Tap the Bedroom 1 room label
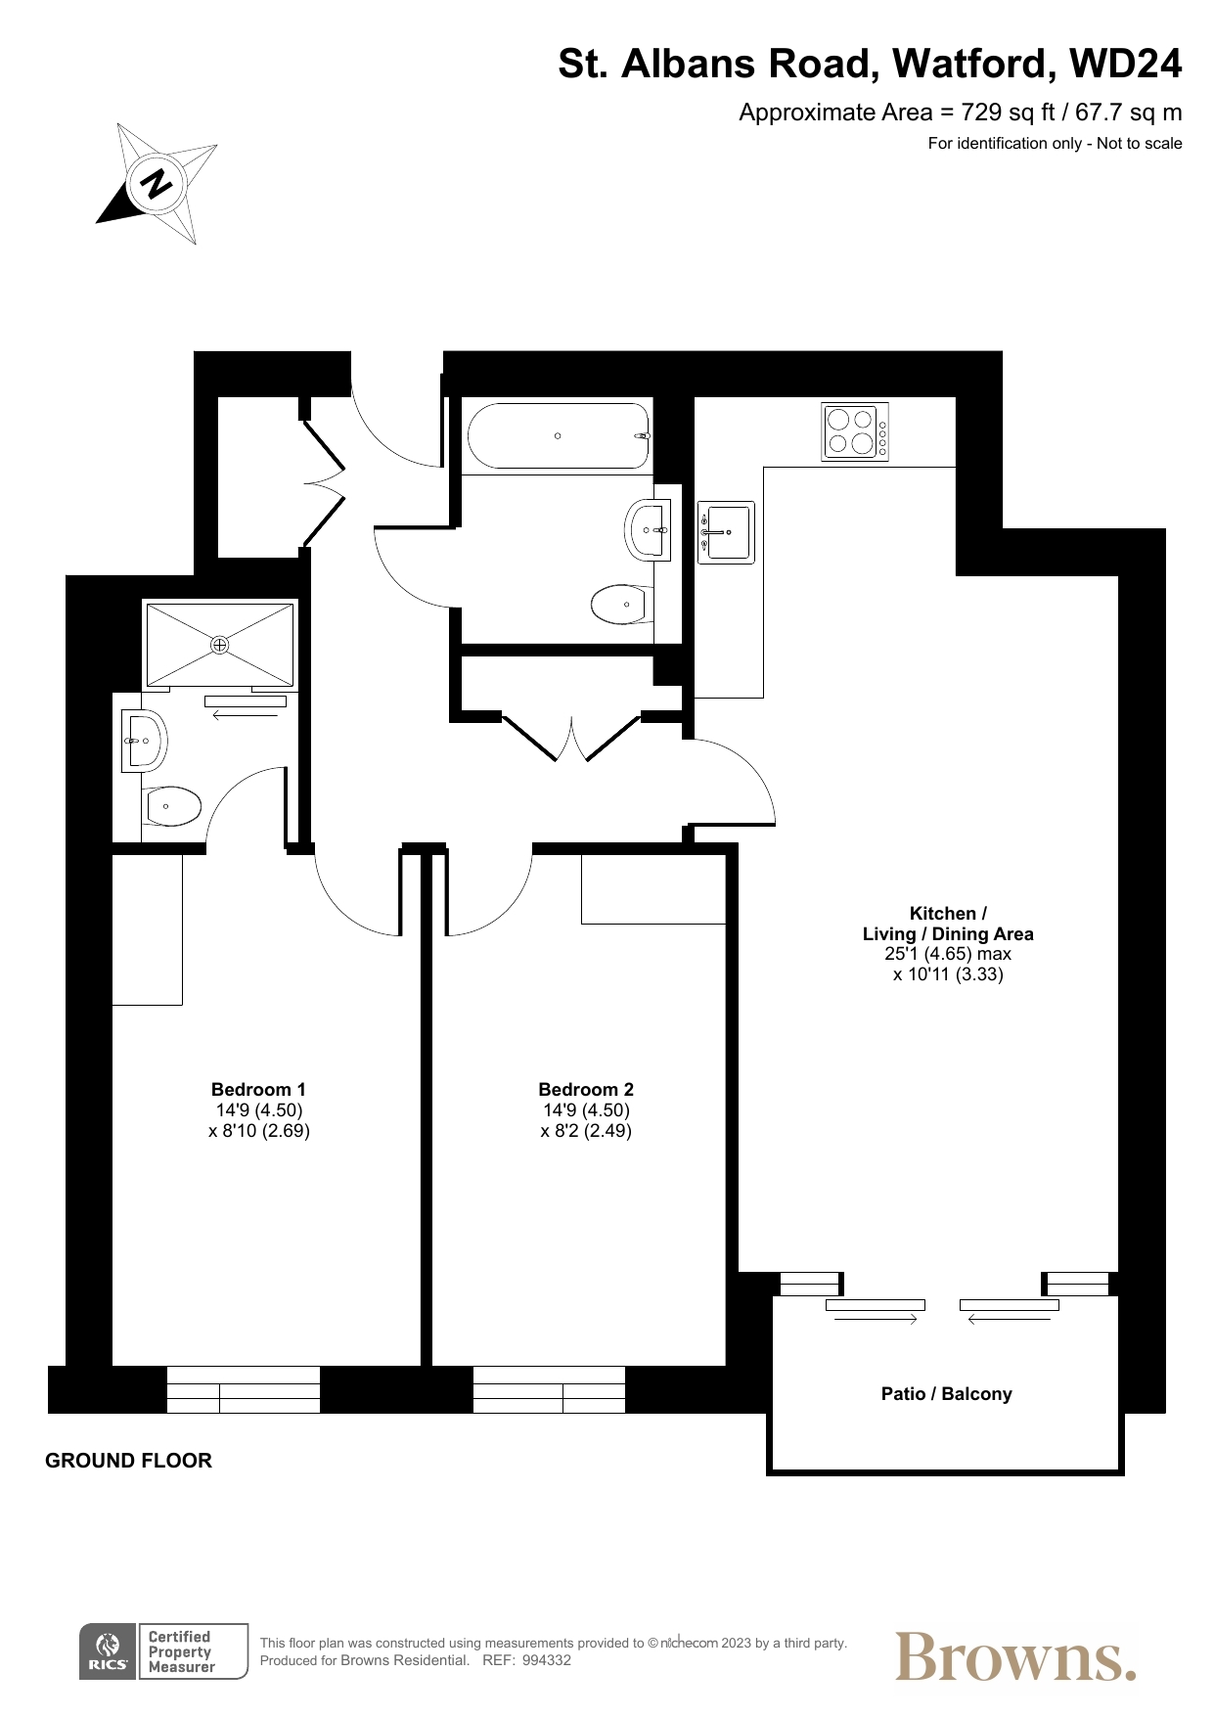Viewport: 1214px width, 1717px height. tap(258, 1089)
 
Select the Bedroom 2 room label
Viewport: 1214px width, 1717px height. tap(586, 1089)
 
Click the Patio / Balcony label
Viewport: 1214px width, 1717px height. tap(946, 1394)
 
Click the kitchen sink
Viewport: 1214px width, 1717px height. tap(726, 532)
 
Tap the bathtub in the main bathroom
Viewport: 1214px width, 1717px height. tap(559, 436)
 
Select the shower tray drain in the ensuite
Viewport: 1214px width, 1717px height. tap(219, 645)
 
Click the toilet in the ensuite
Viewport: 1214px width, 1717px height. tap(172, 807)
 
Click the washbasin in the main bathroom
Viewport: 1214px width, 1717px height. tap(648, 530)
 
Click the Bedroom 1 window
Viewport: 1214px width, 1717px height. tap(244, 1389)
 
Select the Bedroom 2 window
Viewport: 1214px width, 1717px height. tap(549, 1389)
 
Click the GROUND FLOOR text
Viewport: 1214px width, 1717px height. tap(128, 1461)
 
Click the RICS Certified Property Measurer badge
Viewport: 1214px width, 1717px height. tap(163, 1652)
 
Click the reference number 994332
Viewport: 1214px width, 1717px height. tap(547, 1660)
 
